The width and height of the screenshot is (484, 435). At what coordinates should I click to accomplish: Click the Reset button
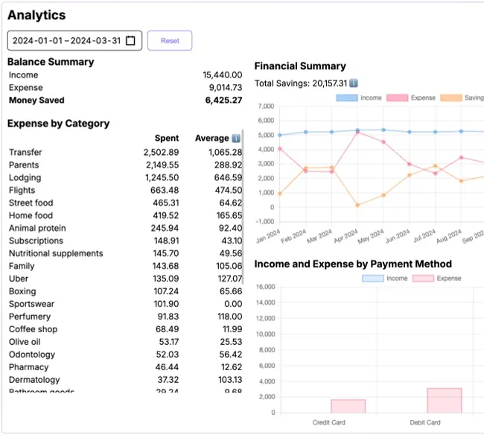(x=170, y=41)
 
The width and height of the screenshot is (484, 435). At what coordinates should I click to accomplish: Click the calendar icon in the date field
(x=131, y=41)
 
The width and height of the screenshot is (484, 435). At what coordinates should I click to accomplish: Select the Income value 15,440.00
(x=222, y=75)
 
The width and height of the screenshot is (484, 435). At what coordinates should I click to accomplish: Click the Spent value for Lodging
(x=162, y=178)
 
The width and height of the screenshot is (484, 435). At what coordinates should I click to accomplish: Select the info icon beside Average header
(x=236, y=139)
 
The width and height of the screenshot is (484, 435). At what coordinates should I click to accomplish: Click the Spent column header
(x=167, y=139)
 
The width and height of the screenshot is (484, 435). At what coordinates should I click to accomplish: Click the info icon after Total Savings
(x=354, y=83)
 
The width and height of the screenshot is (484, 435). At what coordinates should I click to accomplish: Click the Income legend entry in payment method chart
(x=384, y=279)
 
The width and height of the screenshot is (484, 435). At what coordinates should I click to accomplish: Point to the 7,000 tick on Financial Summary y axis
(x=265, y=107)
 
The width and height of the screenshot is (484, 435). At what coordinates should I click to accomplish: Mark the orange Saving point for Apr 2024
(x=357, y=205)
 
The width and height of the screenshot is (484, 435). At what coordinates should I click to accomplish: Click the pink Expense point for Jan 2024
(x=279, y=149)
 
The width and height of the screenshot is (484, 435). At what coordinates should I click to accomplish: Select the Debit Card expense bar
(x=444, y=401)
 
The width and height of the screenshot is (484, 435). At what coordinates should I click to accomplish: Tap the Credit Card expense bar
(x=348, y=406)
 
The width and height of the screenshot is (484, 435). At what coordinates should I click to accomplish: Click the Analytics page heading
(x=36, y=15)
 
